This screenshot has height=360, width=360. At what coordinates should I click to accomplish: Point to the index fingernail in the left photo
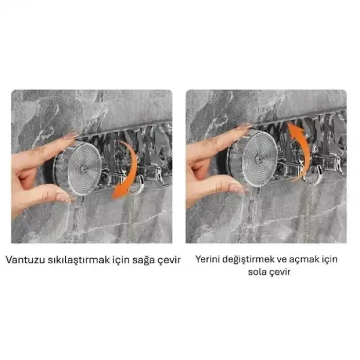point(70,136)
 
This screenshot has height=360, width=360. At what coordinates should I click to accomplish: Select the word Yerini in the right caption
point(207,259)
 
